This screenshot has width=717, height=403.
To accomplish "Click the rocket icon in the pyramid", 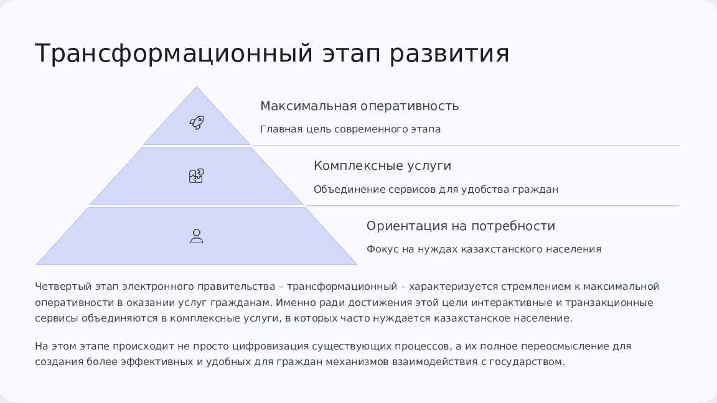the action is point(197,123).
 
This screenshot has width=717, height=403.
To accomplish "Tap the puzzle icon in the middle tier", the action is point(197,176).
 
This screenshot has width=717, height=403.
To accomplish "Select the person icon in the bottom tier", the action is point(197,236).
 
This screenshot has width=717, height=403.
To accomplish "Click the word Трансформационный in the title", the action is point(174,53).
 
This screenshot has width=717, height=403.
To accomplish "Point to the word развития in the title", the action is point(449,53).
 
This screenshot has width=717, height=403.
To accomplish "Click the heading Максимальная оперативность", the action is point(359,106).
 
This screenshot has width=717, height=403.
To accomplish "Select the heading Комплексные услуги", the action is point(382,165).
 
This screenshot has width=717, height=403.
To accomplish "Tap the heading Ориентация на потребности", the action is point(461,226).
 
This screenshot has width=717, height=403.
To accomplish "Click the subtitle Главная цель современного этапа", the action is point(350,129).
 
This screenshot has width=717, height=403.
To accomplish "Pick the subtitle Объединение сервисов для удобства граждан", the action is point(436,189).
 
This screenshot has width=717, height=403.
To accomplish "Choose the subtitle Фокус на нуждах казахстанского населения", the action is point(484,249).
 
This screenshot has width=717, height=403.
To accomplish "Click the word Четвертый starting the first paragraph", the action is point(63,287).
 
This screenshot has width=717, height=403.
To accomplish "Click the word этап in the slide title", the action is point(351,53).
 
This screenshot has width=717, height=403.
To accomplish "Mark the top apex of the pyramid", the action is point(197,86).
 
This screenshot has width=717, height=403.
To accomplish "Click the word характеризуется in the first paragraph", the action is point(453,287).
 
